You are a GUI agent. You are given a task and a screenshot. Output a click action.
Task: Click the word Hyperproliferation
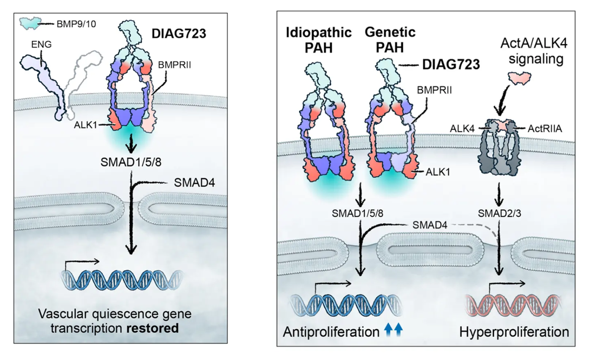tap(514, 332)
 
